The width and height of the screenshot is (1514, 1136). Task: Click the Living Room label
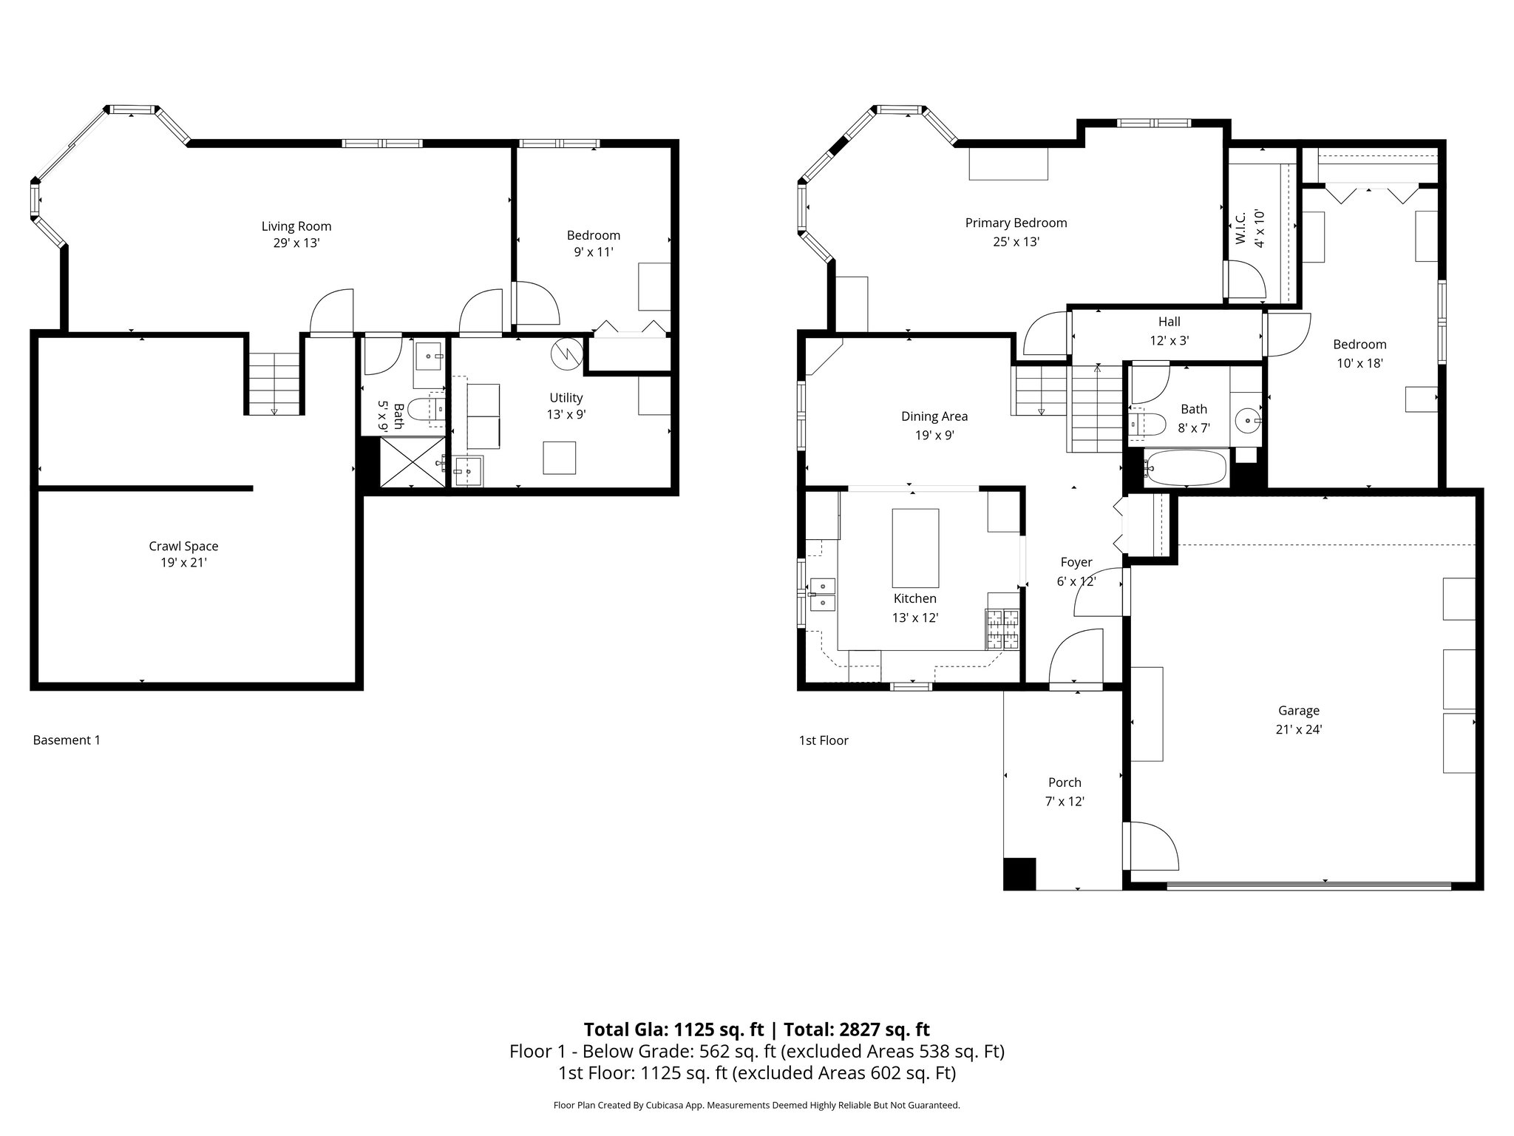[296, 234]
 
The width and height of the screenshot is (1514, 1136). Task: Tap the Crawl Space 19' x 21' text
[183, 554]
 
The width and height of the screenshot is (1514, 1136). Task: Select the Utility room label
[566, 405]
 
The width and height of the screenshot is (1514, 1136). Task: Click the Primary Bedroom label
[1016, 231]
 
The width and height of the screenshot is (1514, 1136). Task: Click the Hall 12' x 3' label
[1169, 331]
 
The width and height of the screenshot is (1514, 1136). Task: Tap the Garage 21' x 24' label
[1298, 719]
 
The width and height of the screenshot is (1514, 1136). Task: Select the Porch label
[1065, 791]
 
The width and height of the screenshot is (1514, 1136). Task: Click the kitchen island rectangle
[915, 547]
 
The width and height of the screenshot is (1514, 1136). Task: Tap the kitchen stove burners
[1002, 629]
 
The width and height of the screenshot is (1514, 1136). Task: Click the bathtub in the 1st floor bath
[1185, 468]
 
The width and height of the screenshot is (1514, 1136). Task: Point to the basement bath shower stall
[413, 462]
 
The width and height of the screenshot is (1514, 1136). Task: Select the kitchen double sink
[822, 595]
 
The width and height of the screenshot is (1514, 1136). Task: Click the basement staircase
[274, 383]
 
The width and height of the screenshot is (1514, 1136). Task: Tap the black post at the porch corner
[1019, 873]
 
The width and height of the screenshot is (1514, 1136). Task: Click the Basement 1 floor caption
[67, 740]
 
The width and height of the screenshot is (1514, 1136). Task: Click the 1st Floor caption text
[824, 740]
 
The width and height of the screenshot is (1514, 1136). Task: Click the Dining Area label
[934, 425]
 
